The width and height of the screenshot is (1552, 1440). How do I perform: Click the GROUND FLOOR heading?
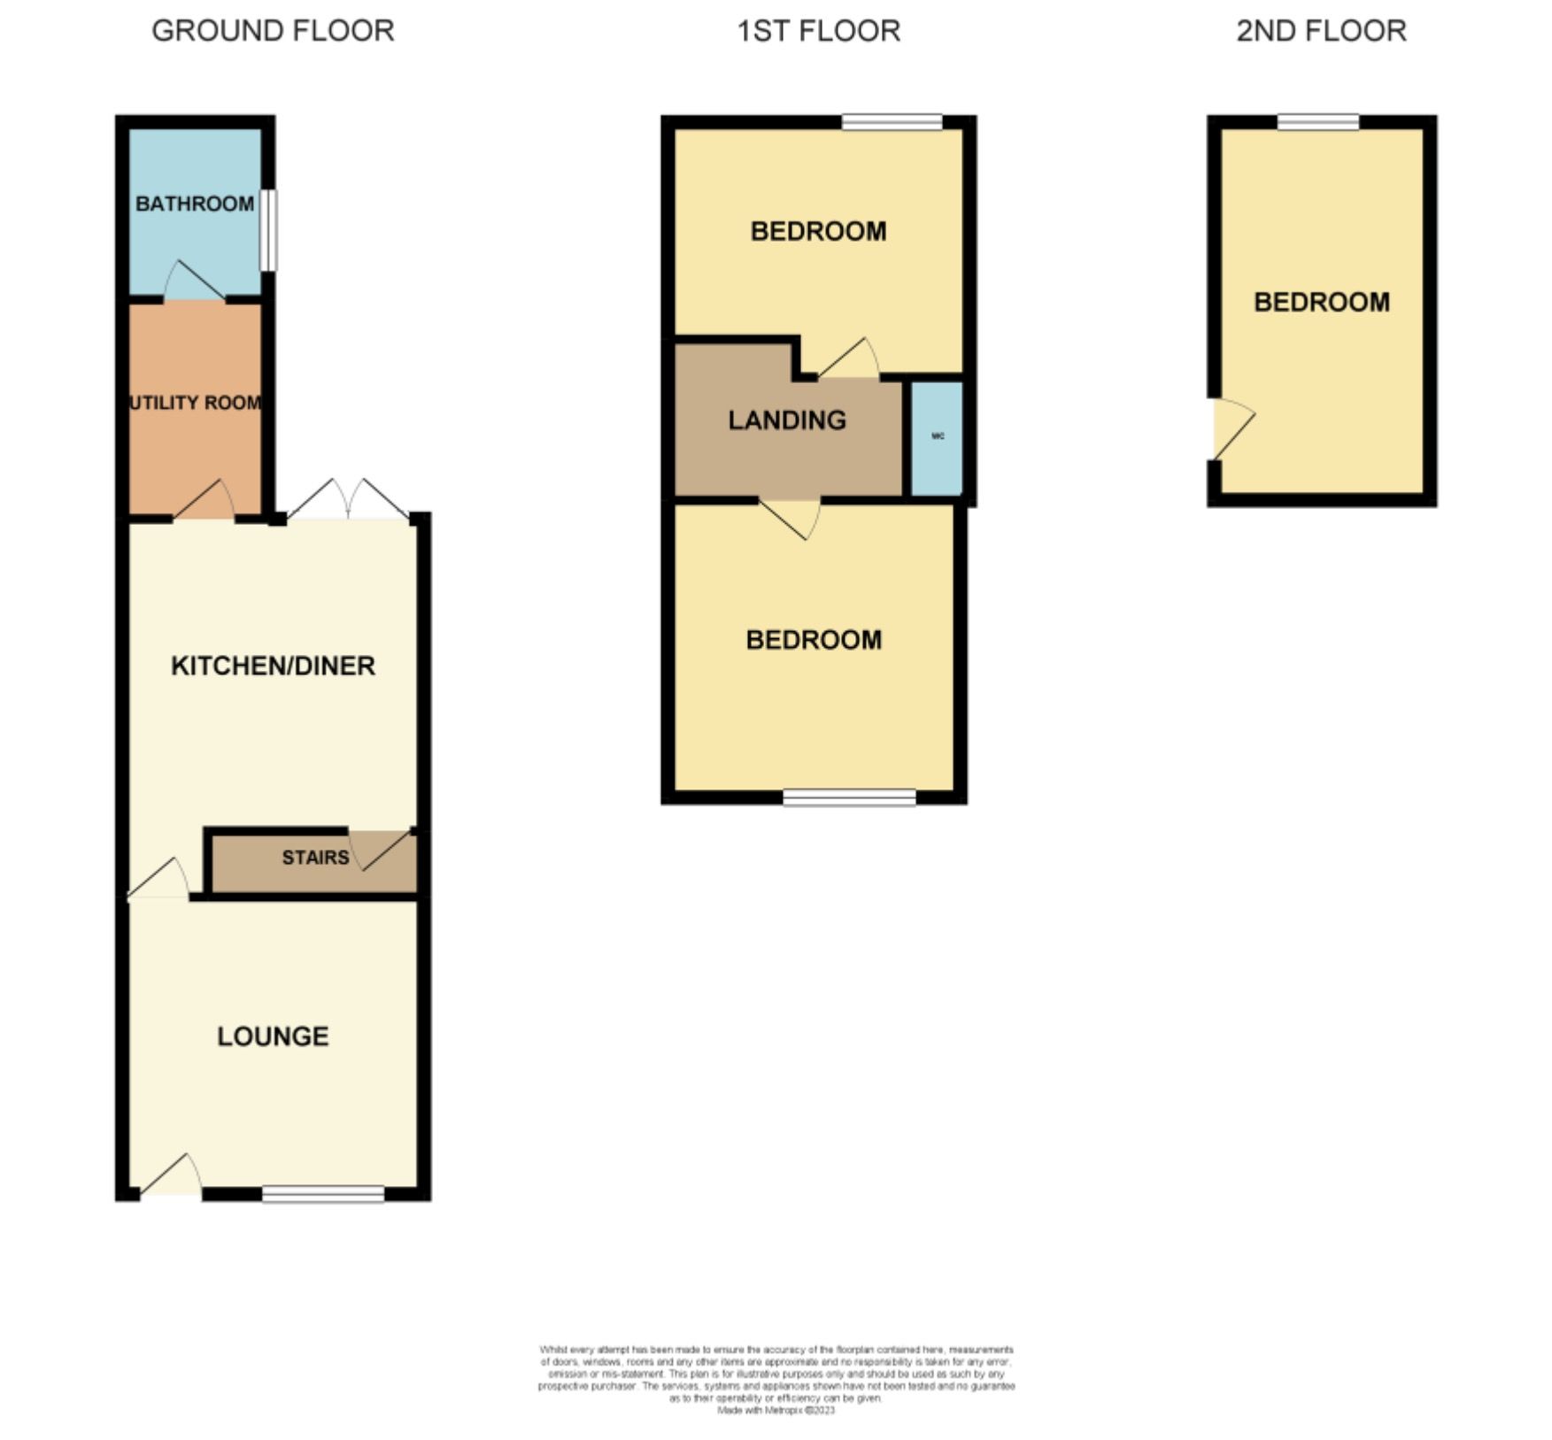(x=273, y=31)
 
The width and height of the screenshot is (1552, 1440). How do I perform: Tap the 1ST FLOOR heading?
(x=818, y=31)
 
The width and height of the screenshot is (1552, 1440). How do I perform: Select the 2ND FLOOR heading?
(x=1321, y=31)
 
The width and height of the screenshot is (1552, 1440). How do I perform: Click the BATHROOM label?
(x=195, y=204)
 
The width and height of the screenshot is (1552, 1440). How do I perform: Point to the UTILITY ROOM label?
(x=196, y=403)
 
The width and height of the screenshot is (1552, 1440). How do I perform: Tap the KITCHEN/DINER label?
(x=273, y=666)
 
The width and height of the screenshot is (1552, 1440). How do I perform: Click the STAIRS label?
(x=315, y=858)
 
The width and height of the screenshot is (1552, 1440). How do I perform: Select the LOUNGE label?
(x=273, y=1036)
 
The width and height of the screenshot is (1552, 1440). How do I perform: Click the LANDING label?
(x=787, y=420)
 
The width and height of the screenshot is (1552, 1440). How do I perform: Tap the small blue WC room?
(x=938, y=437)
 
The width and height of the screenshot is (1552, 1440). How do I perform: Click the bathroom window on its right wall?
(x=268, y=230)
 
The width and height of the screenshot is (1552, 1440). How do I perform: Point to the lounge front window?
(x=323, y=1194)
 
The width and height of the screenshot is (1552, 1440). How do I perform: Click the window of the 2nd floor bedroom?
(x=1318, y=122)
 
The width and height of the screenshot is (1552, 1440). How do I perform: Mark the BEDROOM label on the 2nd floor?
(x=1321, y=303)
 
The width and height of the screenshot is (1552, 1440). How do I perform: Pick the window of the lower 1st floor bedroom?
(x=849, y=797)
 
